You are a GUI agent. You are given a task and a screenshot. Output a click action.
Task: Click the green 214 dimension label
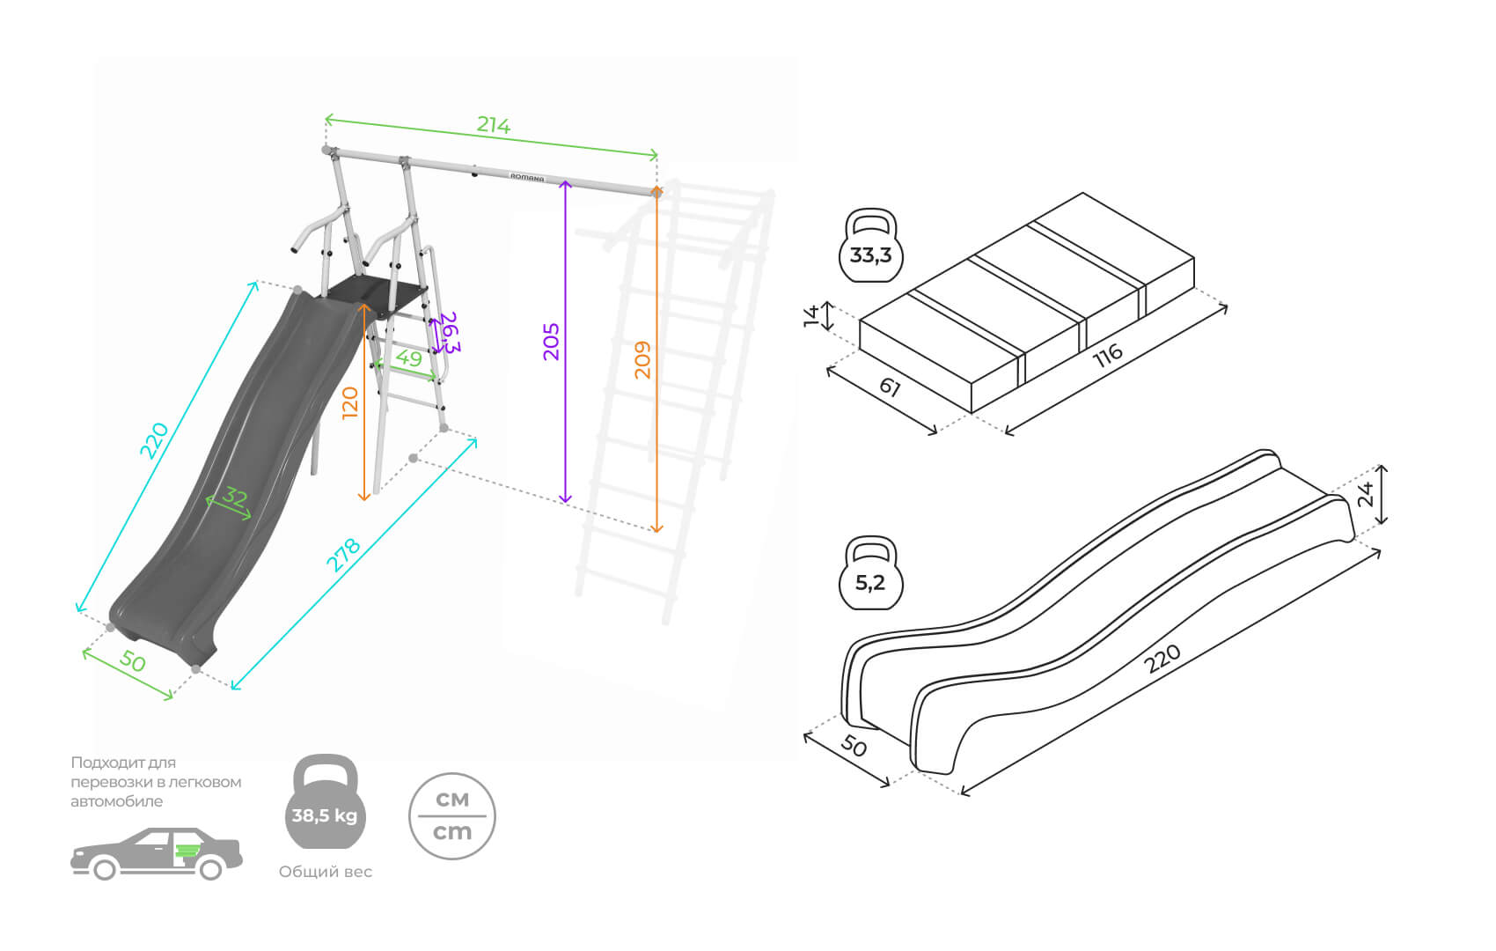point(493,125)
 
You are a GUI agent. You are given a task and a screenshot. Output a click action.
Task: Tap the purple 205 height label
point(551,342)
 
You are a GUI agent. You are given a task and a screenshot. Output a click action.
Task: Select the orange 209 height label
point(642,359)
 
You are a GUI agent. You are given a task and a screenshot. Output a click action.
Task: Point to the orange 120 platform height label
point(350,402)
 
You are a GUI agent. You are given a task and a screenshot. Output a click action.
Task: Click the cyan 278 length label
point(343,554)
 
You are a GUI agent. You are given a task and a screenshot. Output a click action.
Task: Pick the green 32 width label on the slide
point(234,498)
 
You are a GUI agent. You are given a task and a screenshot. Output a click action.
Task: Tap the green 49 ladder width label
point(408,358)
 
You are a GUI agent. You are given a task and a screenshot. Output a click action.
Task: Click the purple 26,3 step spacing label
point(450,332)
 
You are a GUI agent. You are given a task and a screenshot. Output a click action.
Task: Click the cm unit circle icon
point(452,816)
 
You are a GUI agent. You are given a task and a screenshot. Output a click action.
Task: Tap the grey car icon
point(157,853)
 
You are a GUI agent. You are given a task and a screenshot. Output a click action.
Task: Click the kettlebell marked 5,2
point(870,573)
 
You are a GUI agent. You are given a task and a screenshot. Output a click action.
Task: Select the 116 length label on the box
point(1107,355)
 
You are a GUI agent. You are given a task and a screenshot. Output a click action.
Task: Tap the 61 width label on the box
point(890,387)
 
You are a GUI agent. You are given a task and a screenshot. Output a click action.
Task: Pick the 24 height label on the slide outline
point(1366,495)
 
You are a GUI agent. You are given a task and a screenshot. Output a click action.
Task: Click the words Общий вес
point(326,872)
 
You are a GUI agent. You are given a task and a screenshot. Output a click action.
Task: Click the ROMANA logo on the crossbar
point(527,177)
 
